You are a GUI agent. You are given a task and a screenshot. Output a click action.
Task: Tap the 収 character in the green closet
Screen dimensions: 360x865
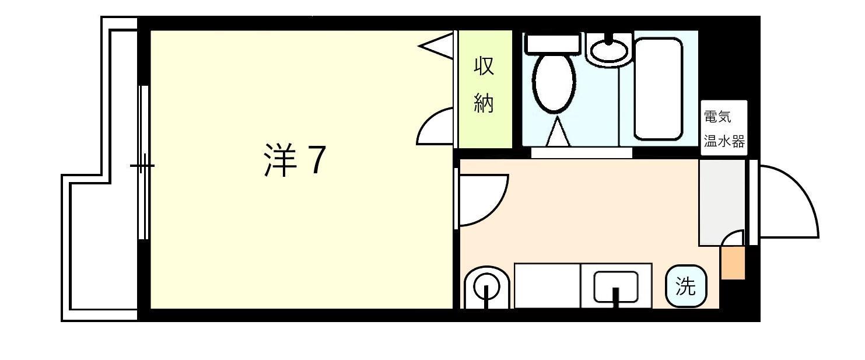[x=484, y=66]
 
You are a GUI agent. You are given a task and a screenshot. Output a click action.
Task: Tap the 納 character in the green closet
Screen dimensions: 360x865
[x=484, y=103]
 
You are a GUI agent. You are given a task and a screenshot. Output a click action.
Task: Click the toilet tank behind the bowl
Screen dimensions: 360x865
[x=553, y=43]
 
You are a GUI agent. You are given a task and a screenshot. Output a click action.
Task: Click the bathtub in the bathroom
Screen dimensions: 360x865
[x=658, y=88]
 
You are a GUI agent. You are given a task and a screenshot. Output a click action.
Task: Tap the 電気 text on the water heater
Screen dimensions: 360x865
[x=717, y=117]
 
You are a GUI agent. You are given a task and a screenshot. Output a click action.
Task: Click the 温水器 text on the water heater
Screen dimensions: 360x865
[x=724, y=142]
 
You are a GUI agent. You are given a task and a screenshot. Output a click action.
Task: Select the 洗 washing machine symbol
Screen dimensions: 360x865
[x=686, y=286]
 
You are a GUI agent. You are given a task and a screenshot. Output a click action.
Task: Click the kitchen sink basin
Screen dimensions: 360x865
[x=615, y=286]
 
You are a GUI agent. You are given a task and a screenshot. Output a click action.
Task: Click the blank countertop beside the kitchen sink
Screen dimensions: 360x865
[x=547, y=285]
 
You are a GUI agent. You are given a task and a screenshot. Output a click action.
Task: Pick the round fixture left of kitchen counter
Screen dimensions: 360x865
[x=486, y=287]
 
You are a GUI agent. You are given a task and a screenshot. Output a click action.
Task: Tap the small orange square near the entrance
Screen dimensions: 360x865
[x=733, y=263]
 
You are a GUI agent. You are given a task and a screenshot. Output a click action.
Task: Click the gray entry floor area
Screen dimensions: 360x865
[x=722, y=198]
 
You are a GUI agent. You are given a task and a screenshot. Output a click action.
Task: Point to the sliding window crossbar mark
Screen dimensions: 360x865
[x=142, y=166]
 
